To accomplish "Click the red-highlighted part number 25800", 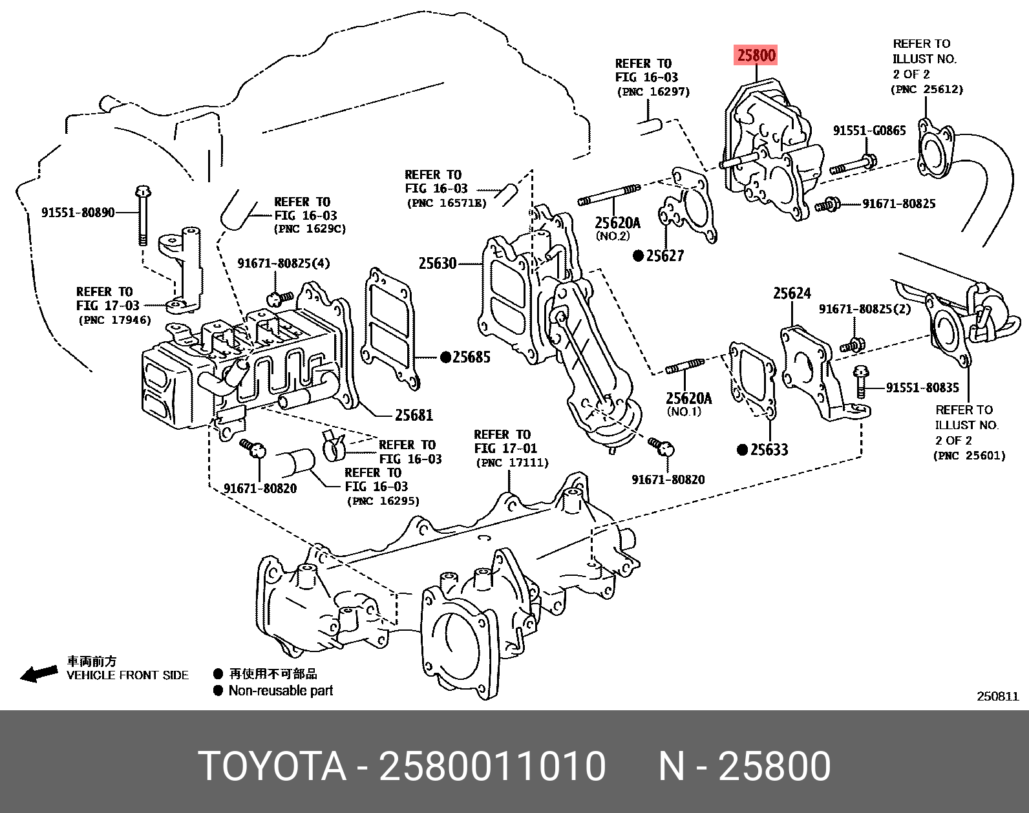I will [756, 55].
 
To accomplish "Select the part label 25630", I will [438, 263].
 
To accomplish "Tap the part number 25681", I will [414, 415].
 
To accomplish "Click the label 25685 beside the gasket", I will [471, 357].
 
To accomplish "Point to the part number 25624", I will [792, 293].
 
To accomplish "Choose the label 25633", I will [769, 450].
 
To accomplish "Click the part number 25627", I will [664, 256].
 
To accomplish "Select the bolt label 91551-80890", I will [78, 213].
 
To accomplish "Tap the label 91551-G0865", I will [869, 131].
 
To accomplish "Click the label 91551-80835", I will [922, 388].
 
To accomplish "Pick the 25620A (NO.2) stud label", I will [617, 223].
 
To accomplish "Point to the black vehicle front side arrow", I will [39, 674].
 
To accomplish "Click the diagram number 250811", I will [997, 696].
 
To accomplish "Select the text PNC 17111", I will [512, 463].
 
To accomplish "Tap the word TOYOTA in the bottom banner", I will [272, 766].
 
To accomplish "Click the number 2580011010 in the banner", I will [492, 766].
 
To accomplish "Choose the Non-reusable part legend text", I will [281, 691].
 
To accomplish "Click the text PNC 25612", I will [927, 89].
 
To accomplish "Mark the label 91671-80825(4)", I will [283, 263].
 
